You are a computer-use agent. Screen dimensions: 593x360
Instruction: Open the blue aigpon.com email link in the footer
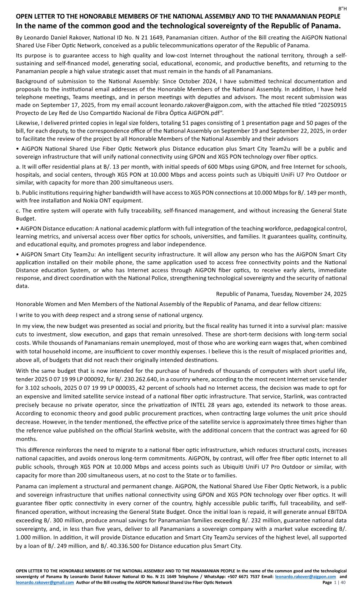click(x=305, y=577)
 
